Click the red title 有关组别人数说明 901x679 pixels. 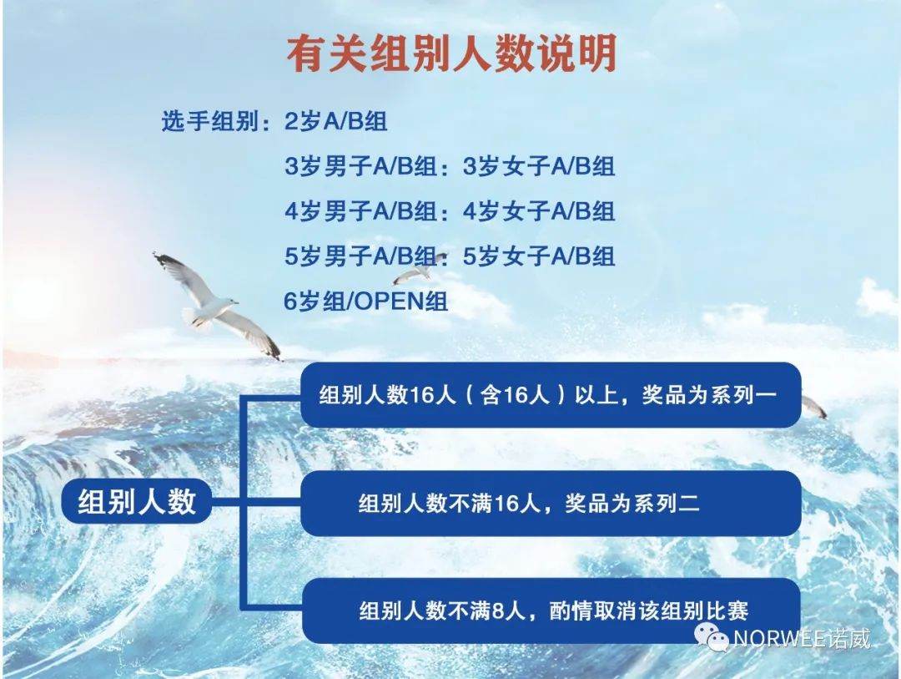(x=451, y=53)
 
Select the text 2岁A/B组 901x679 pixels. (x=336, y=121)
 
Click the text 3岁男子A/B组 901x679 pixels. (x=360, y=166)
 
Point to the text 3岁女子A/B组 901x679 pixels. (x=539, y=166)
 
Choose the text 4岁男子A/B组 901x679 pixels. (x=360, y=211)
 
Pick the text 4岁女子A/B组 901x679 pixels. (x=539, y=211)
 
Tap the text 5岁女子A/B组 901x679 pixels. (x=539, y=256)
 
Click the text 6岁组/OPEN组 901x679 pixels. (x=366, y=301)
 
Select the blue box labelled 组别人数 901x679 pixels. (x=137, y=501)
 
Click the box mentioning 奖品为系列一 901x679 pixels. (x=551, y=395)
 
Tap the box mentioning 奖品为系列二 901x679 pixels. (x=551, y=504)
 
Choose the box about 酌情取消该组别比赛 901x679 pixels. (x=551, y=611)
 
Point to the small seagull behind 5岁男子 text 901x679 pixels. (x=416, y=271)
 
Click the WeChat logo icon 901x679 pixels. (x=712, y=637)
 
